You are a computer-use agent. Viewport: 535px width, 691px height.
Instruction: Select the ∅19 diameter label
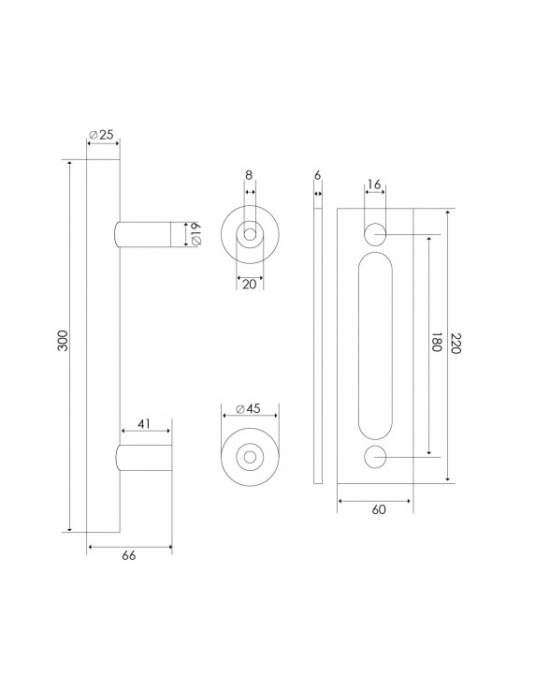point(195,235)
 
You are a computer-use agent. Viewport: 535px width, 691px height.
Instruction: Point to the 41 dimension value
point(144,424)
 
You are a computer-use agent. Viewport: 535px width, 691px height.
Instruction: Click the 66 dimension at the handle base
point(129,556)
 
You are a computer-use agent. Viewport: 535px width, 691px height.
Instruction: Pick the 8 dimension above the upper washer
point(249,175)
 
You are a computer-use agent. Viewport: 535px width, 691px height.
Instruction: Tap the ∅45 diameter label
point(247,408)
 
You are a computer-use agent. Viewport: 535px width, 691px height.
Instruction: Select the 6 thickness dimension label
point(318,175)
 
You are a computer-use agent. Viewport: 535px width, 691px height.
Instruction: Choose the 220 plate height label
point(457,345)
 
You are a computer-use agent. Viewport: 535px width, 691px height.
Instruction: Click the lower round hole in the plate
point(375,456)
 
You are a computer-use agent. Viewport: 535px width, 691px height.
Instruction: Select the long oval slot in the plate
point(375,345)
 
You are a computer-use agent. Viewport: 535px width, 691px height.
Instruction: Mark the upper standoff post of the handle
point(142,235)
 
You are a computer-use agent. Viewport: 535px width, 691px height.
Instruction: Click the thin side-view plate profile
point(318,345)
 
